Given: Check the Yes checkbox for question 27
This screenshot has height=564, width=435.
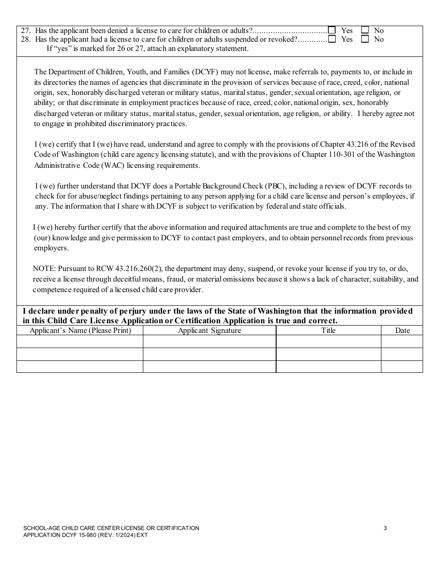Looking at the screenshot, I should [x=332, y=30].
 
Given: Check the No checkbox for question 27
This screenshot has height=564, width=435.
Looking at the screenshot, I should [x=365, y=30].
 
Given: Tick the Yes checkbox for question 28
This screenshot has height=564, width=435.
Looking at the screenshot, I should [x=332, y=39].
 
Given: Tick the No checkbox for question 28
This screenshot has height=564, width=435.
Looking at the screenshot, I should [x=365, y=39].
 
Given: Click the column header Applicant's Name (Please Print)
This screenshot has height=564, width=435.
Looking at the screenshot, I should [x=80, y=330].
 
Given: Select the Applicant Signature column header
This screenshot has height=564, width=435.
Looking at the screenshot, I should [x=209, y=330].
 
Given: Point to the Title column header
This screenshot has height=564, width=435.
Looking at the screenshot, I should [x=328, y=330].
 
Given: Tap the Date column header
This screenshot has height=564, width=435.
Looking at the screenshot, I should [x=402, y=330].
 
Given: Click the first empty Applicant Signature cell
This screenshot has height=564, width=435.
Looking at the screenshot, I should [x=209, y=342].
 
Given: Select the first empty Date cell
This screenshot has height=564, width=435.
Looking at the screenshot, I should [x=402, y=342].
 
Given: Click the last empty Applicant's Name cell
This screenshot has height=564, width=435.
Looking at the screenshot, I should [x=80, y=366].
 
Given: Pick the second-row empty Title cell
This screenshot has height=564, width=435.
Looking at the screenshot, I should [x=328, y=354].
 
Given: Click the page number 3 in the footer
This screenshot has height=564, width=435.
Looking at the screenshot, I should [x=385, y=528].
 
